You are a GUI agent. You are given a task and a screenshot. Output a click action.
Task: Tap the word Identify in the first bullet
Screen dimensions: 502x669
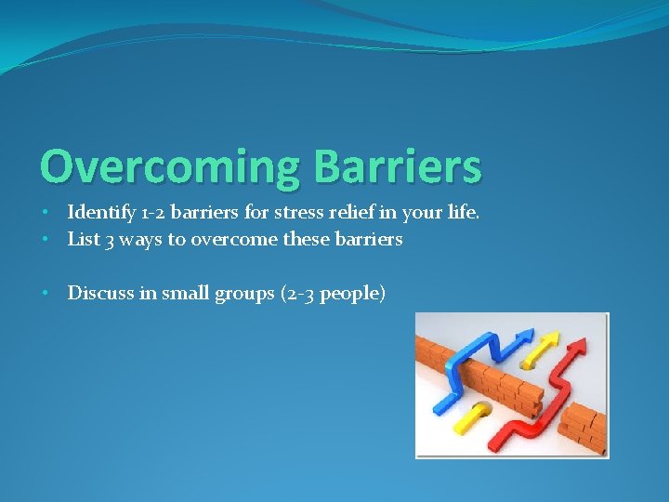(99, 213)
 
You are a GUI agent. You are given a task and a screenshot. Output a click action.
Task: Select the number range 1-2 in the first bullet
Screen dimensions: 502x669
(157, 213)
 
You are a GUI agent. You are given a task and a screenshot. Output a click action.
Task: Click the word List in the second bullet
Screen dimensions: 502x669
(84, 239)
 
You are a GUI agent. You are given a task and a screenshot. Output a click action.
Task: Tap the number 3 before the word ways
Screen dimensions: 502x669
(110, 240)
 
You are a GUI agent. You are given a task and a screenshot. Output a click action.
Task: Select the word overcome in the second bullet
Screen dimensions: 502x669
(230, 239)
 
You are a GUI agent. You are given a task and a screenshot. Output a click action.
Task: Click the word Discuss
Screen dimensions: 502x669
(100, 293)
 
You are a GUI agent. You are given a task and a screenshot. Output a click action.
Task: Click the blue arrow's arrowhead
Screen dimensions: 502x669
(523, 337)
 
